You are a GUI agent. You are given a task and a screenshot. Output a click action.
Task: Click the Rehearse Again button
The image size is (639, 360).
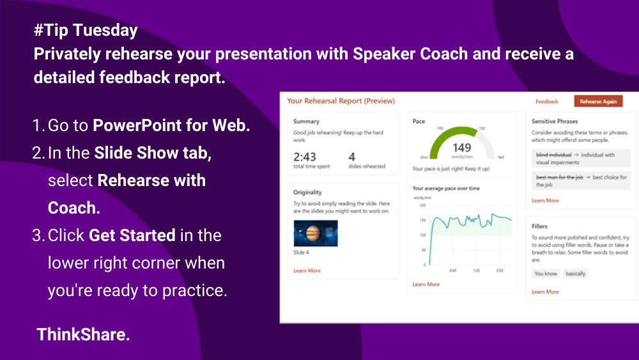point(597,101)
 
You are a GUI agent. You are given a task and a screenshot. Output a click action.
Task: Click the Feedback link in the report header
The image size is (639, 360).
point(546,101)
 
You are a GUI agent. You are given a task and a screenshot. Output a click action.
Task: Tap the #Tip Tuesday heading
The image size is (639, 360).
point(86,31)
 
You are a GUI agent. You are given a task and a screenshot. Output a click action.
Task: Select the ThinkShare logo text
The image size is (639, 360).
point(83,334)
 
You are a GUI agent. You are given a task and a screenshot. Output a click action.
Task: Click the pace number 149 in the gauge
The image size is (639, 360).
point(461,148)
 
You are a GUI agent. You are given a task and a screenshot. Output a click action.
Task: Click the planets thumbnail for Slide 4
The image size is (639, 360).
point(316,233)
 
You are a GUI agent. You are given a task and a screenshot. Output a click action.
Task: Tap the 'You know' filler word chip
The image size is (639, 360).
point(546,274)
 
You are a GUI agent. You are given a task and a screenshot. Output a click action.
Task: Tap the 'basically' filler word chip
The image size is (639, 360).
point(575,274)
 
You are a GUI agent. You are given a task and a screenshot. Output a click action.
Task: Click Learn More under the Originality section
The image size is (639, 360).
point(307,270)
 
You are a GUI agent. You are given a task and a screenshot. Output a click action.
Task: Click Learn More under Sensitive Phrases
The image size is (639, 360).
point(545,200)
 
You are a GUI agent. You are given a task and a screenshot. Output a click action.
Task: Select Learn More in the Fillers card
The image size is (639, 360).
point(545,292)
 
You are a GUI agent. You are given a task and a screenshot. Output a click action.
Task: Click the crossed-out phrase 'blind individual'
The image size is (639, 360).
point(553,155)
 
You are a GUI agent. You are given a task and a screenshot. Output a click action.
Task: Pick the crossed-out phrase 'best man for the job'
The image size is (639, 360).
point(559,177)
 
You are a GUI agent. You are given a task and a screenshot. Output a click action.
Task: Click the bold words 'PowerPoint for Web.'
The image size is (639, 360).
point(171,125)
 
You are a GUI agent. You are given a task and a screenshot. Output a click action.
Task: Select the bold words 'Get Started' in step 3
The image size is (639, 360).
point(132,235)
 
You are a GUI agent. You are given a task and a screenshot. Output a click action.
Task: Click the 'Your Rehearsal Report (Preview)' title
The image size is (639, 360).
point(341,101)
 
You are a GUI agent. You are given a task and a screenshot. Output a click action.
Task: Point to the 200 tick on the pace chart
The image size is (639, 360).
point(421,205)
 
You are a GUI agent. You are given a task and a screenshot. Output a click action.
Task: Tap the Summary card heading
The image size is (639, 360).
point(306,121)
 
